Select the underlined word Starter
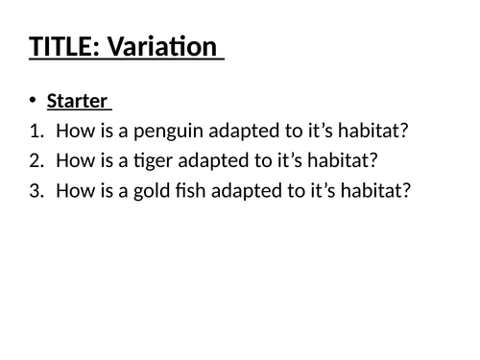click(x=77, y=101)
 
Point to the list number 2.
click(x=35, y=160)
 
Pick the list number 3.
click(x=35, y=190)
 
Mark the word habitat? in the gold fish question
click(x=376, y=190)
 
